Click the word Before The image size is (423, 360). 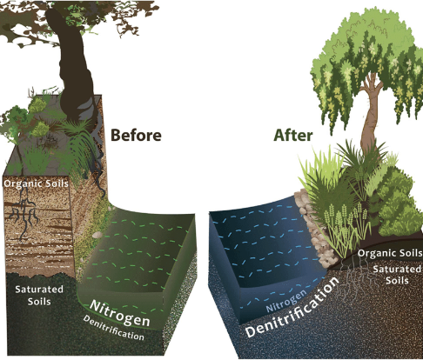point(136,135)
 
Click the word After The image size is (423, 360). point(293,135)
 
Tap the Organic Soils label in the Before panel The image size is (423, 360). point(37,183)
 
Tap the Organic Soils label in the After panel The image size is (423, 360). point(390,253)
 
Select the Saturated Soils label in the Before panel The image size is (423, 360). point(39,295)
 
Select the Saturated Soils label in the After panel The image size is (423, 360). point(397,275)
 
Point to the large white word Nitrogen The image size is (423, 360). point(119,313)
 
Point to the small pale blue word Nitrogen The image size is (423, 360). point(285,302)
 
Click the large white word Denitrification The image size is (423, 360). point(292,307)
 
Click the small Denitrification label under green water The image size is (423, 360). point(113,328)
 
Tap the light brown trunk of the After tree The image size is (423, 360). point(370,116)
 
